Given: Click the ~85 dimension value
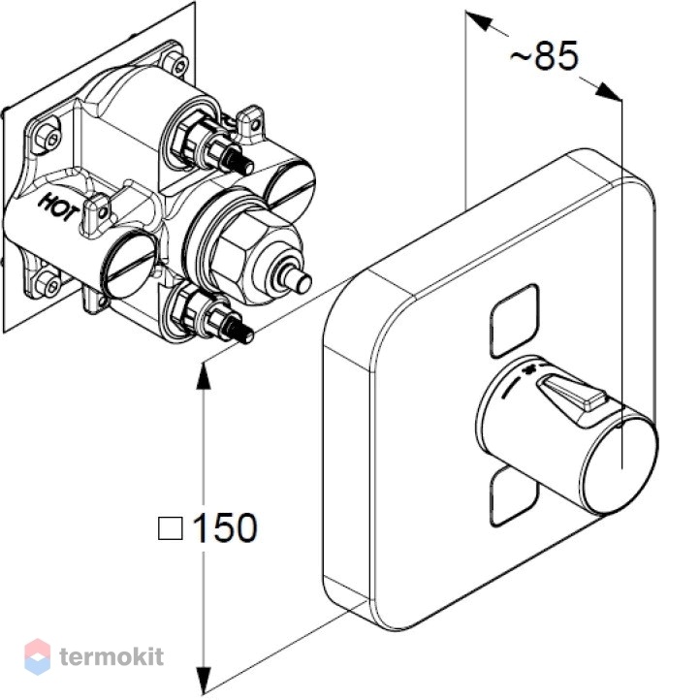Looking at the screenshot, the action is [544, 56].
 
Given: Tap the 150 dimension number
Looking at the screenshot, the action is [225, 527].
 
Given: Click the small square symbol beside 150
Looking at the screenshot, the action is [170, 528].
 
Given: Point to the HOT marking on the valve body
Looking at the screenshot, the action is [59, 207].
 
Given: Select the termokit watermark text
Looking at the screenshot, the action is [111, 657].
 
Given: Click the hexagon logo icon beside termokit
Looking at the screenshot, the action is [37, 656].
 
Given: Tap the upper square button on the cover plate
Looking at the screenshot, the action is [514, 322].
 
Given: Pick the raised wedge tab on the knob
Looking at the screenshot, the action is [571, 392].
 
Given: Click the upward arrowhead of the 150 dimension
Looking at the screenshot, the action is [204, 375].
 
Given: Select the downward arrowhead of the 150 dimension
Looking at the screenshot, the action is [204, 681].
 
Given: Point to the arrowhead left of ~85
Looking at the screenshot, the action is [479, 20].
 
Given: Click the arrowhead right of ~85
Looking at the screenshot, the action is [608, 91].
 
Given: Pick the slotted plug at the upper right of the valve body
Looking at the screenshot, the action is [290, 186].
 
